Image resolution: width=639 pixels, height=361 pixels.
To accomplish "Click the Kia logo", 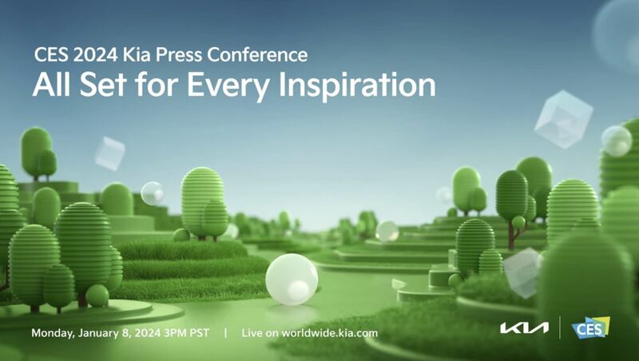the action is [x=524, y=328].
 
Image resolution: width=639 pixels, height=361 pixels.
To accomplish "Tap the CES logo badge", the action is [x=590, y=327].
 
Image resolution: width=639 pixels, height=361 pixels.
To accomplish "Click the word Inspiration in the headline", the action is [x=356, y=86].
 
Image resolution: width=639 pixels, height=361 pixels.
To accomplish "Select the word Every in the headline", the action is [x=228, y=86].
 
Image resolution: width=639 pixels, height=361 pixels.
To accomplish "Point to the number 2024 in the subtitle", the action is [x=95, y=55].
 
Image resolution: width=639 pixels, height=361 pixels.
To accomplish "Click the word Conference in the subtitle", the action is [x=257, y=55].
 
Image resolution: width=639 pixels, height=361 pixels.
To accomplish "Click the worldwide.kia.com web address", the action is [x=329, y=333].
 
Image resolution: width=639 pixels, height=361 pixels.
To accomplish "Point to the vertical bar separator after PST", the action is [x=225, y=333].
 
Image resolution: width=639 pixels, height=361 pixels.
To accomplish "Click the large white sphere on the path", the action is [x=292, y=280].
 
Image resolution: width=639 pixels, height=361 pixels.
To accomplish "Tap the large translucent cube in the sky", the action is [x=564, y=119].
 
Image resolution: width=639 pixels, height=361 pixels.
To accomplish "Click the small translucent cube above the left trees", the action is [x=109, y=153].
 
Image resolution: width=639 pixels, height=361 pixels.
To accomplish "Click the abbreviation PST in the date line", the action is [x=199, y=333].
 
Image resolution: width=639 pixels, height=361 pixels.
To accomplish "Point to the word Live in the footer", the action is [x=252, y=333].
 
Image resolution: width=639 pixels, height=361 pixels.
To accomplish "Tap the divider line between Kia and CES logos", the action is [x=560, y=327].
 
